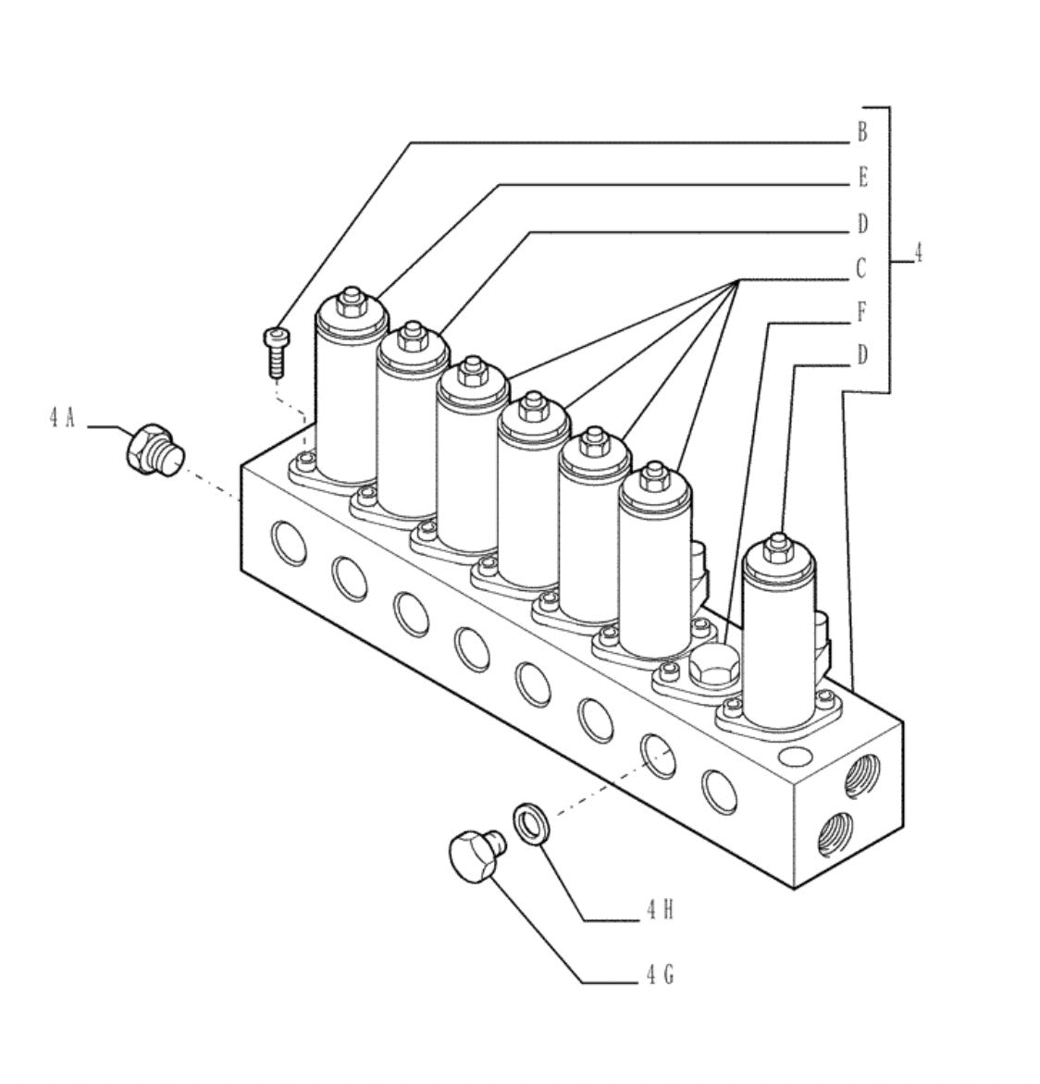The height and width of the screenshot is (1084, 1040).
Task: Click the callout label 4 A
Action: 62,417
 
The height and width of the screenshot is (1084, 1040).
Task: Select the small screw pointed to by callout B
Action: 277,352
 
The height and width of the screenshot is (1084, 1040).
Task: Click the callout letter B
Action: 861,132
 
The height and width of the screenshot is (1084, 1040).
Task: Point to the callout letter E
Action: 862,178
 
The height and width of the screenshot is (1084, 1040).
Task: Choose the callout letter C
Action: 860,267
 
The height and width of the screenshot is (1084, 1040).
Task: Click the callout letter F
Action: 861,312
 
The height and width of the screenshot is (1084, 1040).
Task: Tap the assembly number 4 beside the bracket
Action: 918,253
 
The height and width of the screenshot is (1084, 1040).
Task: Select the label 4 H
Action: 660,910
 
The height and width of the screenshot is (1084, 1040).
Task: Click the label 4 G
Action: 660,975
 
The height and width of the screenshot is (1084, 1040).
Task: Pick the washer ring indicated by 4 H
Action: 532,823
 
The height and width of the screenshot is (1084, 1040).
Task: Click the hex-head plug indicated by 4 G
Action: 477,856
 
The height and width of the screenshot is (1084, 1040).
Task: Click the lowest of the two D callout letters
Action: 861,355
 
